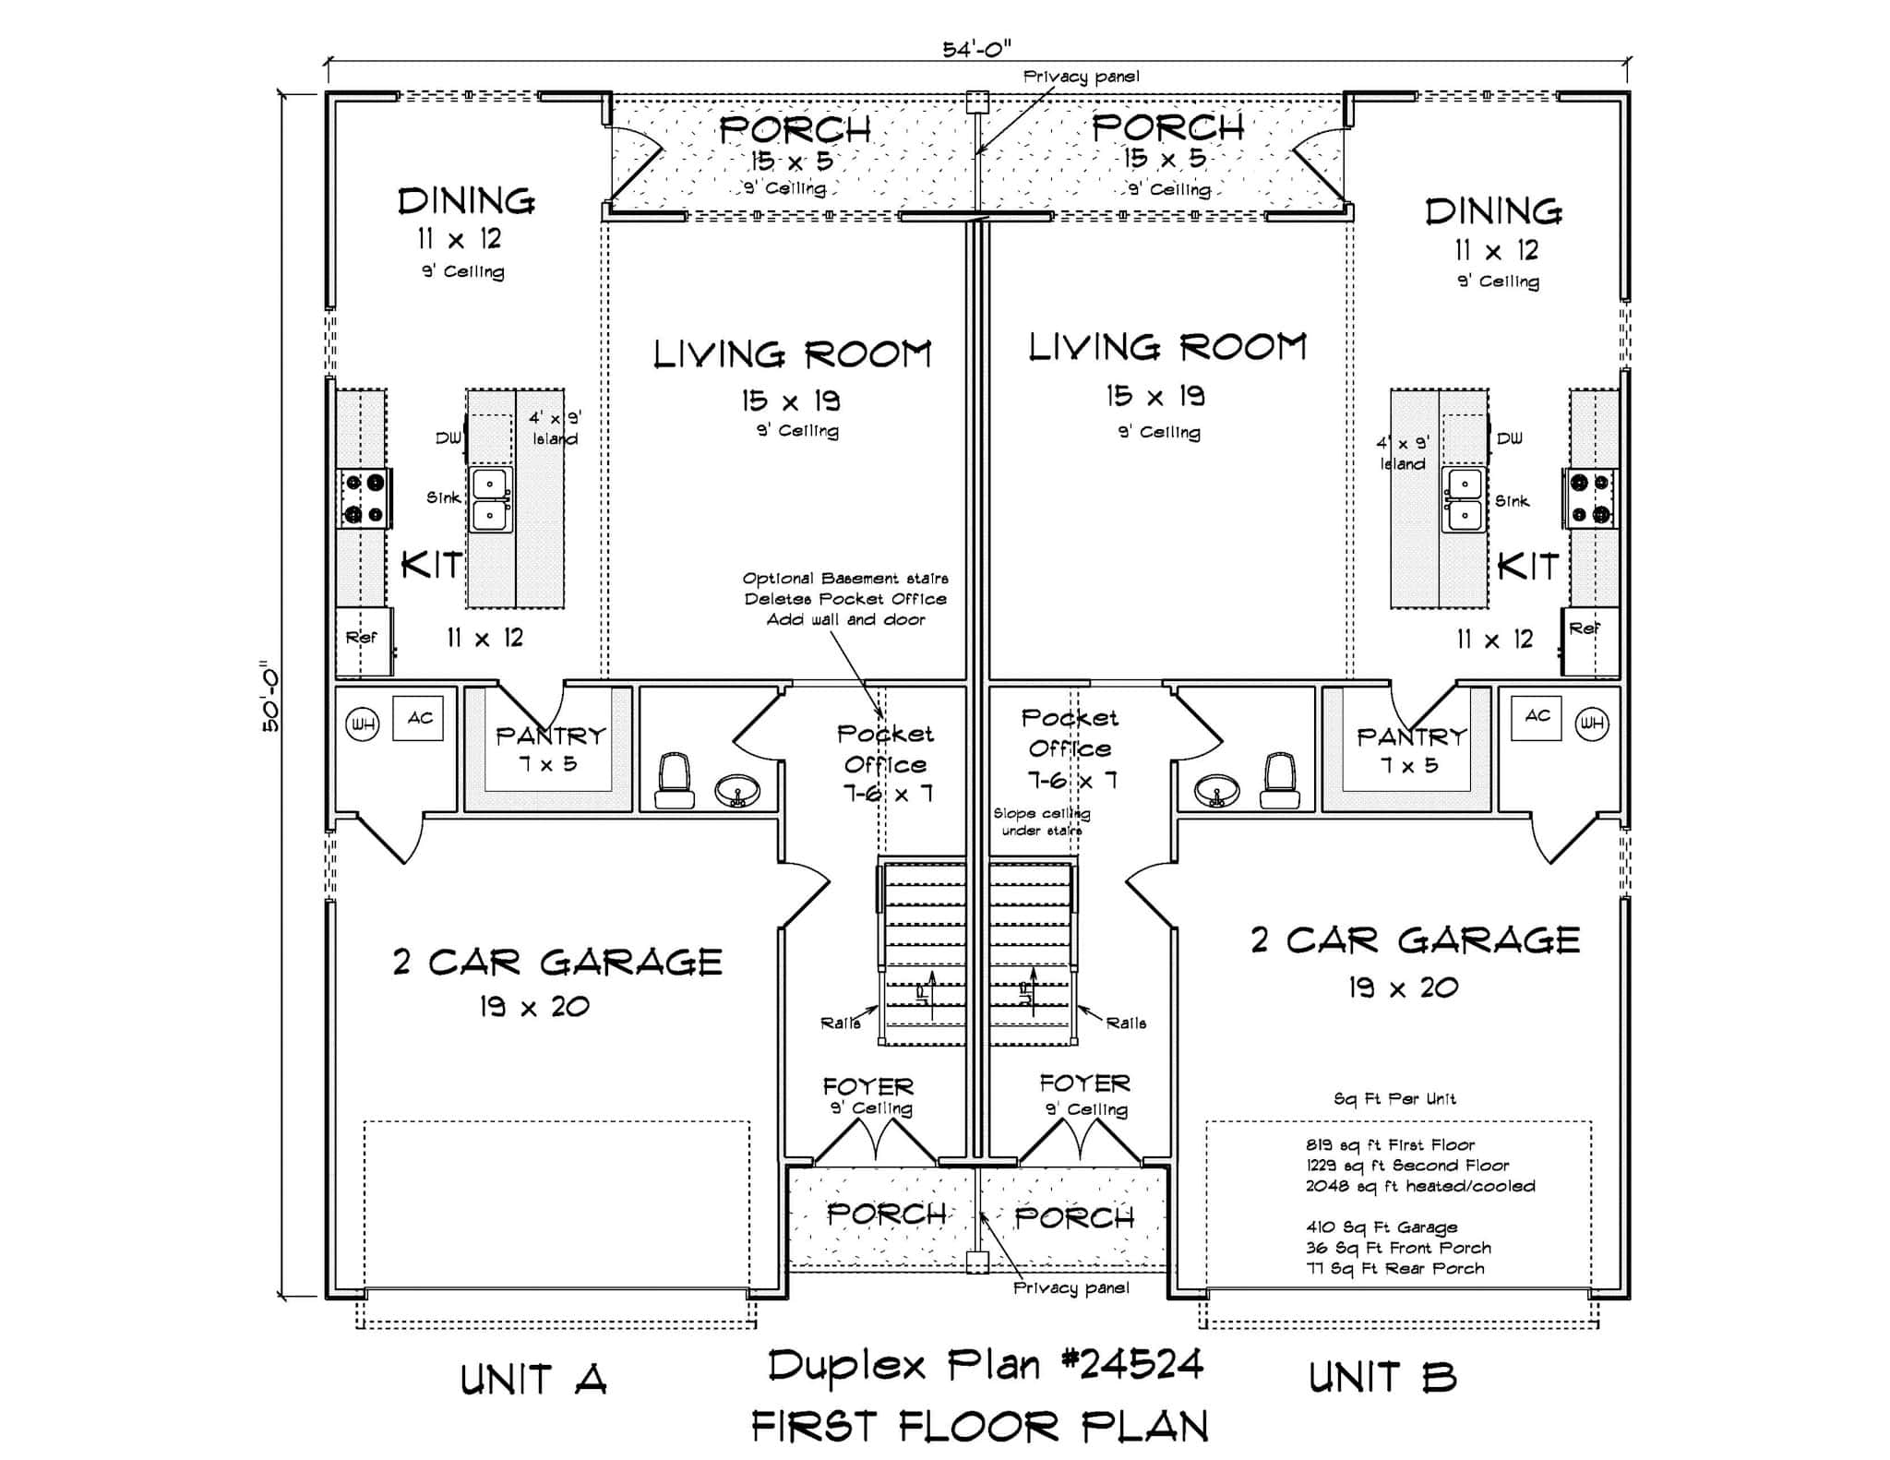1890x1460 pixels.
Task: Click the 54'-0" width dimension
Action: coord(976,49)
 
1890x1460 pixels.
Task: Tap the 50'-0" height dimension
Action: coord(269,696)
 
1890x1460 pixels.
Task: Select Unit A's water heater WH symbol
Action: coord(362,724)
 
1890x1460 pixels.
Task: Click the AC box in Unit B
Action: coord(1537,717)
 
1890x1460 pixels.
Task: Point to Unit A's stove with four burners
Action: coord(364,498)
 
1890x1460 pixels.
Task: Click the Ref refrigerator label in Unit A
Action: coord(361,638)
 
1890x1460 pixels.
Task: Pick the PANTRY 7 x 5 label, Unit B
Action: coord(1411,749)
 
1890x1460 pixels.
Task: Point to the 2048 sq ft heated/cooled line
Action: coord(1419,1186)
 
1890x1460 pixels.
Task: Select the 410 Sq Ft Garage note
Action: coord(1382,1227)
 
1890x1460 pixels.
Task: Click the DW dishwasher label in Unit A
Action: coord(449,438)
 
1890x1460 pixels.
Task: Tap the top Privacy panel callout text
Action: coord(1081,77)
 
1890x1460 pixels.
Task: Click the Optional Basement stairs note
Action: coord(845,579)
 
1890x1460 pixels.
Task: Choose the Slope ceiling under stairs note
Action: coord(1041,821)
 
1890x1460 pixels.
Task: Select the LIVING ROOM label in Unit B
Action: coord(1167,348)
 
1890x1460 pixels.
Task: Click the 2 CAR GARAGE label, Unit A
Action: coord(557,963)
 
